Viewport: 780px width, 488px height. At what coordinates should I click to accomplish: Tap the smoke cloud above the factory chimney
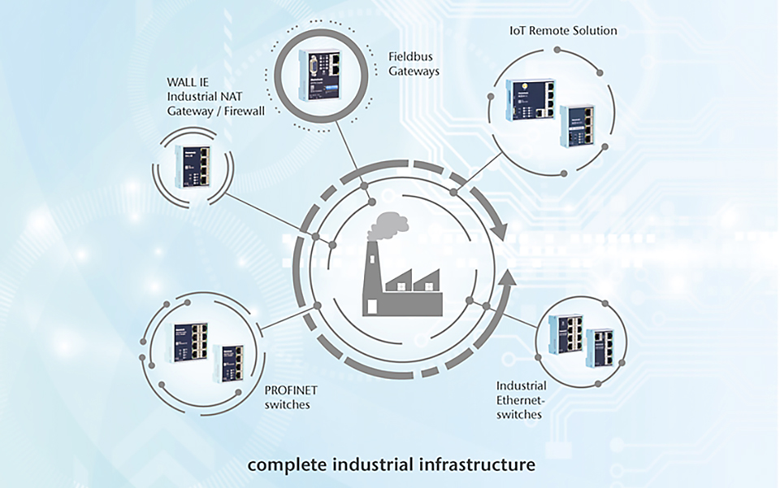389,227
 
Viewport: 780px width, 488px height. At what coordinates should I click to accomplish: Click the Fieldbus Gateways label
414,63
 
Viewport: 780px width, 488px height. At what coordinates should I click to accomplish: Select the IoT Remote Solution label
563,30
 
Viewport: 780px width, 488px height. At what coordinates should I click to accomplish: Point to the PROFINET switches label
291,397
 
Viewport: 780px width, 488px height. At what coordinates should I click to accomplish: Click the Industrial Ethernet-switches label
522,399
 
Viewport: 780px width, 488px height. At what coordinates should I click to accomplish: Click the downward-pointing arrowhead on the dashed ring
499,231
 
